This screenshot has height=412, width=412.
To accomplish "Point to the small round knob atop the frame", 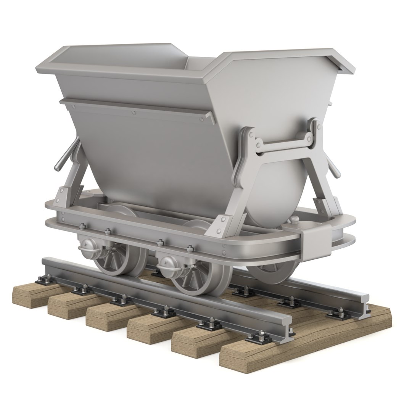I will pyautogui.click(x=295, y=220).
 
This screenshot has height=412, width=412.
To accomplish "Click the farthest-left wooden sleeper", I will pyautogui.click(x=32, y=294).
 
